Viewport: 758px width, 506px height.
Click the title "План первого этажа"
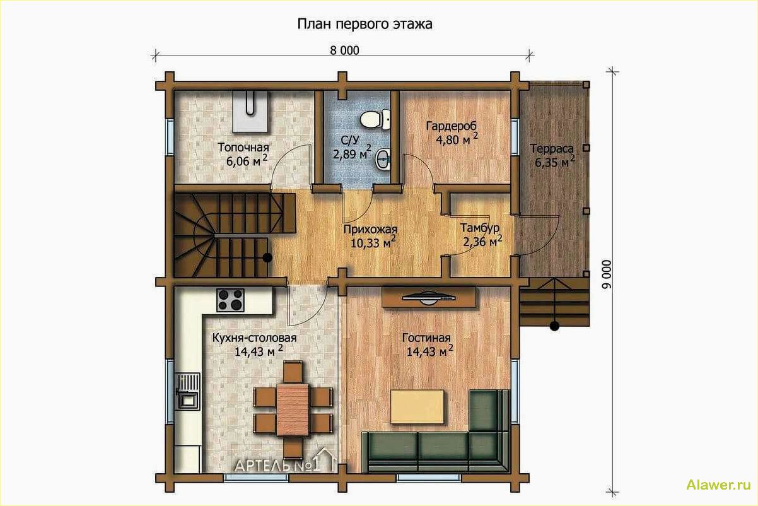[x=364, y=25]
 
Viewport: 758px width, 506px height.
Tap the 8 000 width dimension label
[x=344, y=50]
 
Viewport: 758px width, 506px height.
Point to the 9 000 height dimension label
[x=607, y=274]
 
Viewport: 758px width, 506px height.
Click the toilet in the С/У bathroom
[x=375, y=119]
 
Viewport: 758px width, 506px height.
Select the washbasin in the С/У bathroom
[x=384, y=159]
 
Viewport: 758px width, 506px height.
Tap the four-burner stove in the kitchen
[x=230, y=300]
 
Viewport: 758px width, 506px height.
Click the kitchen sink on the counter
[x=188, y=391]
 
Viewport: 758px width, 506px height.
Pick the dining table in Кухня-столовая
[x=293, y=410]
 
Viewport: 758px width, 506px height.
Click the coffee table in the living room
[x=417, y=406]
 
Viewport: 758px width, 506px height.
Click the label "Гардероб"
[x=451, y=126]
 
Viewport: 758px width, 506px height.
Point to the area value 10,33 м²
[x=373, y=242]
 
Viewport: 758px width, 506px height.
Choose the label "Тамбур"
[x=479, y=227]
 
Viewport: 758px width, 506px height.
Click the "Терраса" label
[x=552, y=149]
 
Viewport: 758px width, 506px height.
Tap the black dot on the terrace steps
[x=554, y=326]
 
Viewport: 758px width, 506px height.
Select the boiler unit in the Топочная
[x=250, y=111]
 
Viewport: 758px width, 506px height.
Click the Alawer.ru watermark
[x=718, y=485]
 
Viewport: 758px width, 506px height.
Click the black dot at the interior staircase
[x=267, y=257]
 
